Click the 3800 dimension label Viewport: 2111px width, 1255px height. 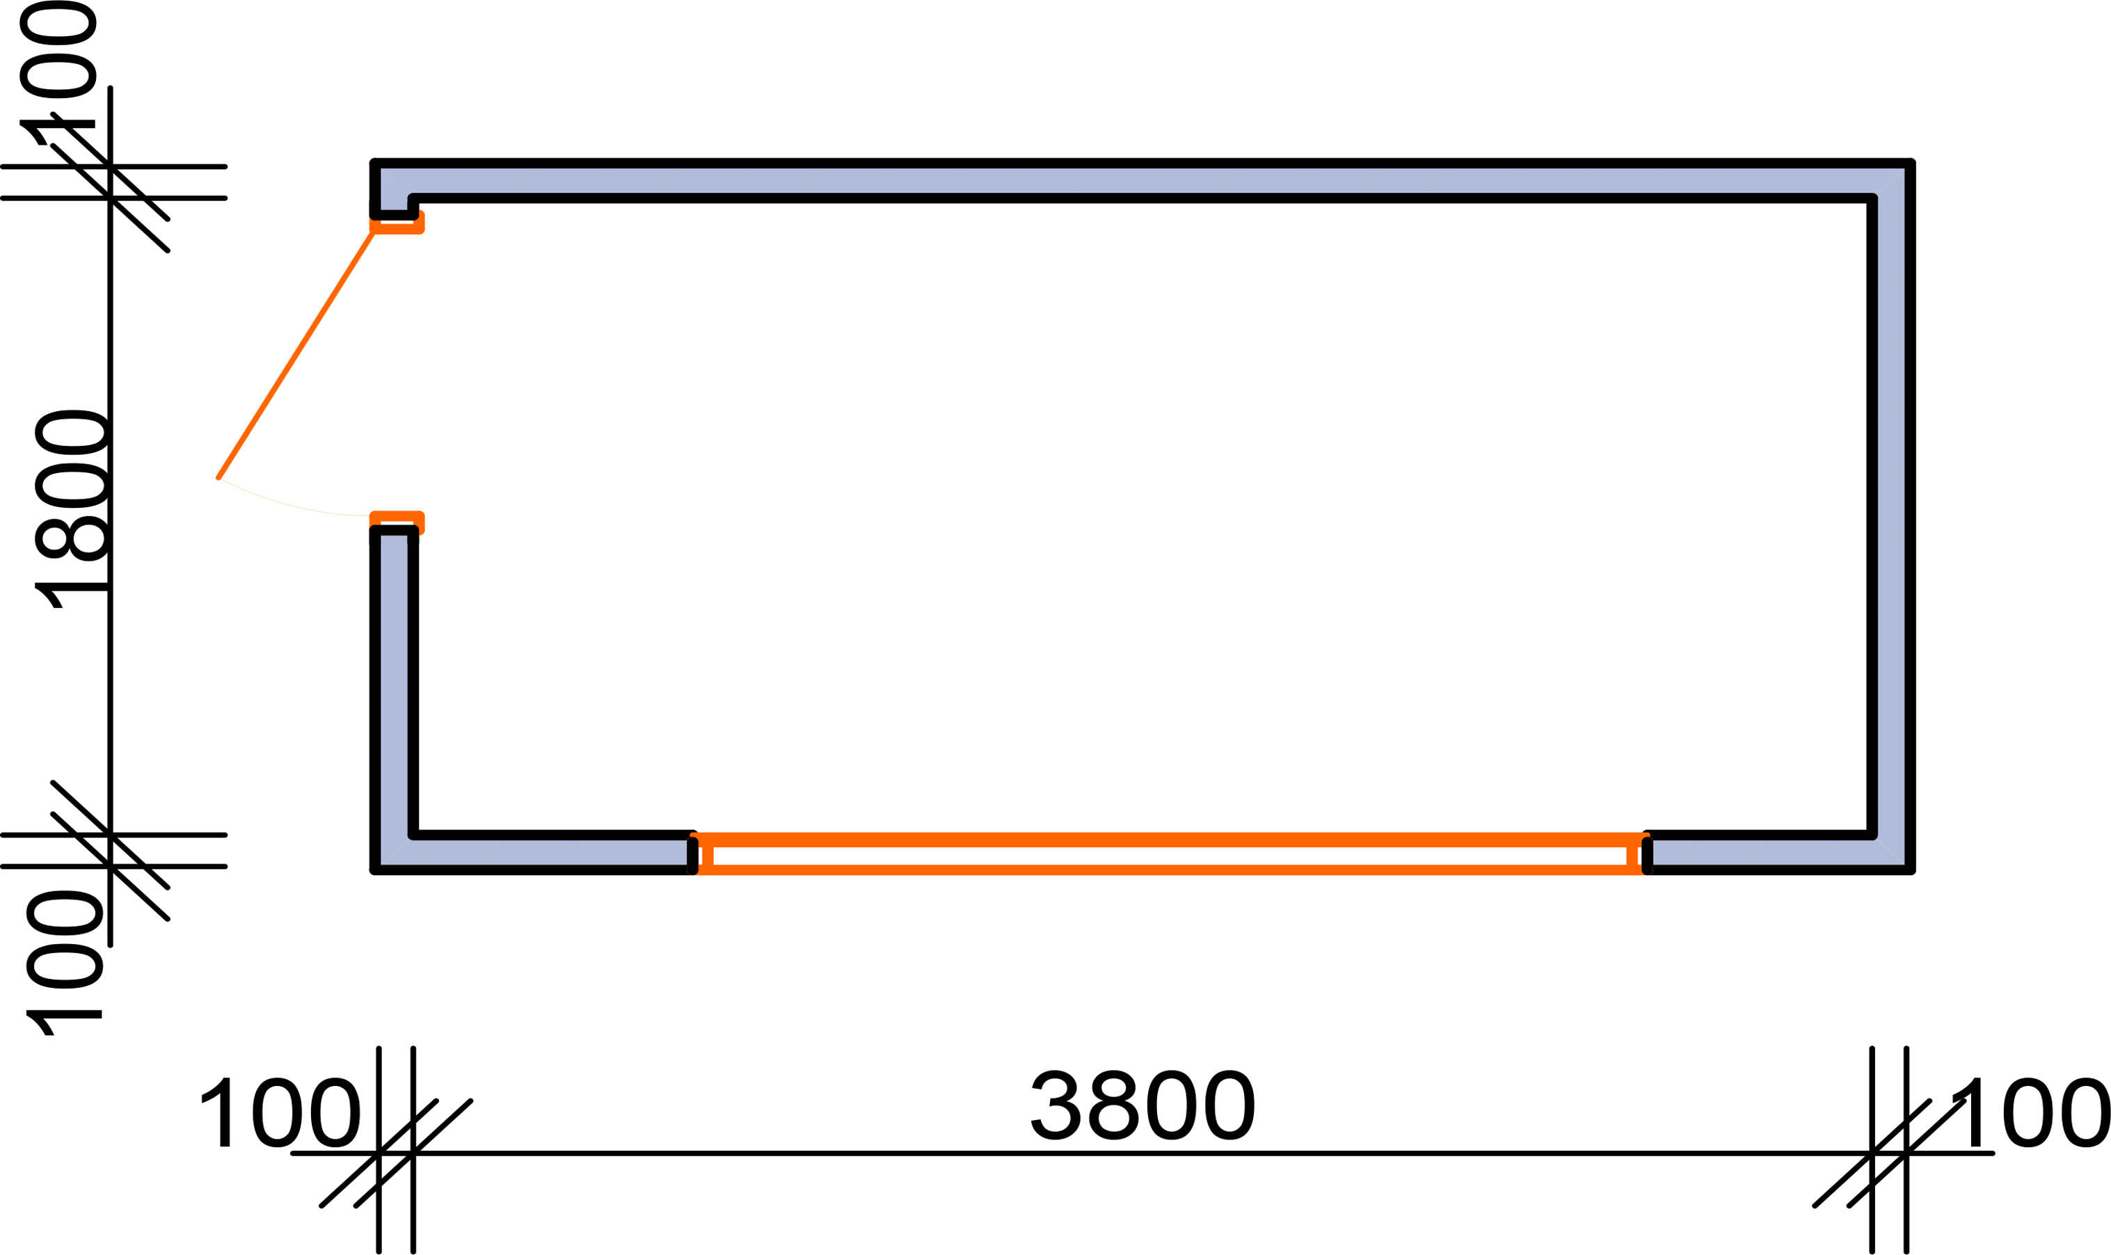point(1142,1105)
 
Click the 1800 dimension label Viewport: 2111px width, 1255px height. point(71,509)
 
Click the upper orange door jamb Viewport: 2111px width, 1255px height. point(397,223)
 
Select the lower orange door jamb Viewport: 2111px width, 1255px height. point(397,522)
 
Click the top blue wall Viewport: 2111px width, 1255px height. point(1142,181)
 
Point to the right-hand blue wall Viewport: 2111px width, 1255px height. point(1892,516)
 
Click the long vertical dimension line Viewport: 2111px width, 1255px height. point(110,516)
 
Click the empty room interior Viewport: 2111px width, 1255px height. point(1142,516)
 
